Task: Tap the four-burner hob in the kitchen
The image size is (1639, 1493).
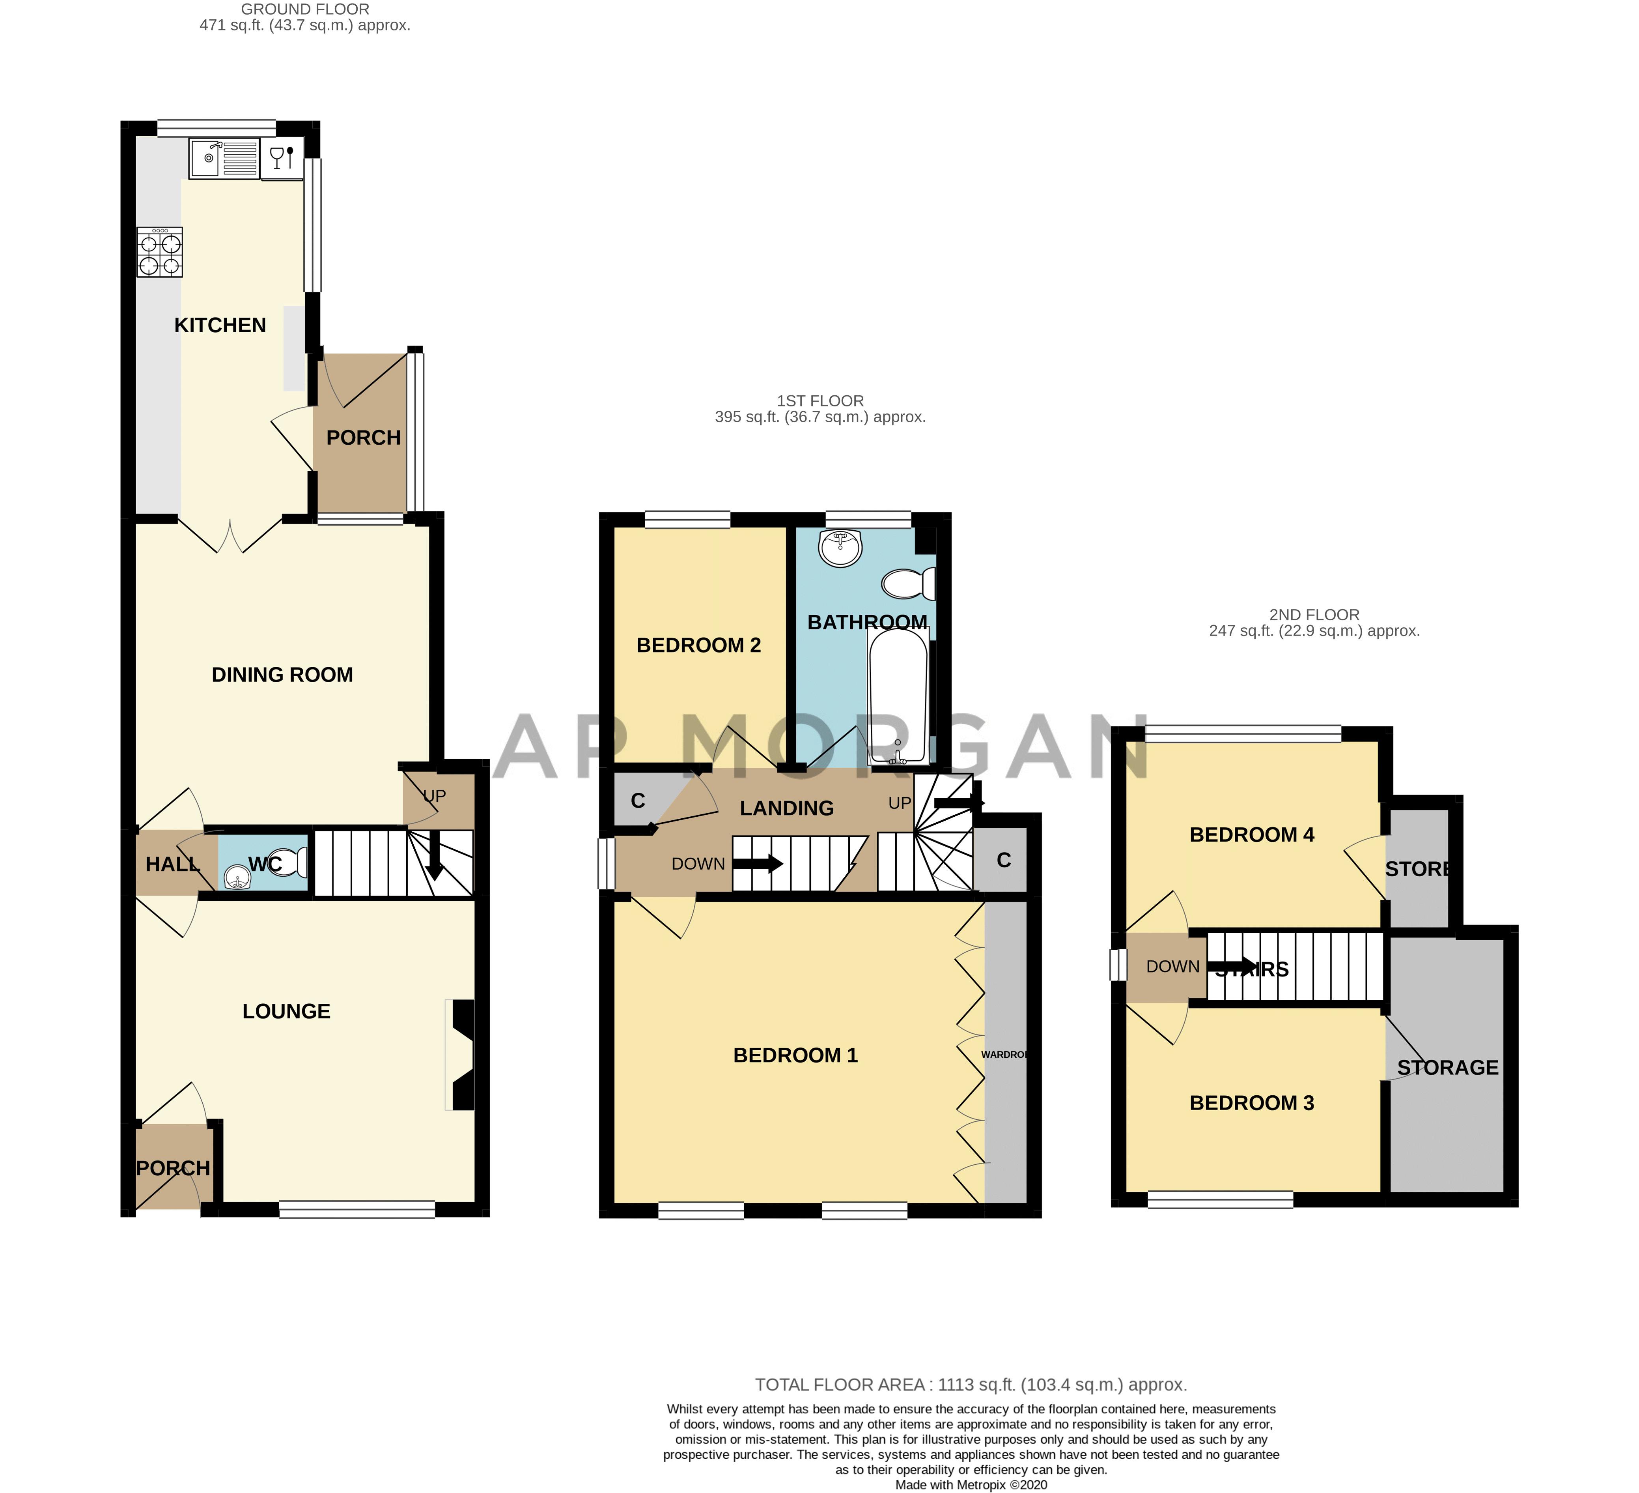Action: tap(160, 253)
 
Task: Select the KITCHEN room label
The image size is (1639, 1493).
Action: tap(220, 325)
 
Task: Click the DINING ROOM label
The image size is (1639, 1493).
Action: tap(282, 675)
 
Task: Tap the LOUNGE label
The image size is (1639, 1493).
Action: tap(286, 1012)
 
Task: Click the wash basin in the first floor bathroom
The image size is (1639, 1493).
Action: tap(840, 548)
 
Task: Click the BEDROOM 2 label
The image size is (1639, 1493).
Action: tap(698, 645)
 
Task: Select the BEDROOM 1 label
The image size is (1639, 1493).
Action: tap(795, 1055)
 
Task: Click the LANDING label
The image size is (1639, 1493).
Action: tap(786, 808)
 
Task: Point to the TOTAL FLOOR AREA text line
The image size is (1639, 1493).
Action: tap(971, 1385)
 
